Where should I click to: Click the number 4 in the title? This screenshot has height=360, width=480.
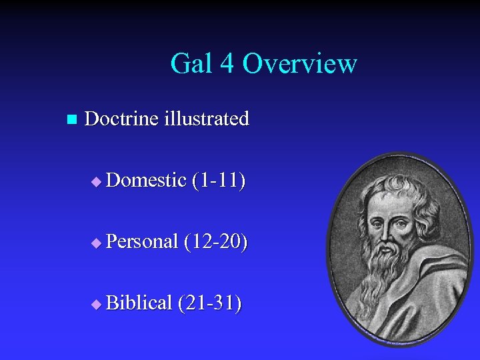coord(227,64)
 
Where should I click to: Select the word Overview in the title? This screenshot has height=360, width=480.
coord(299,64)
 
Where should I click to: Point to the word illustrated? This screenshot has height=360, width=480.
coord(207,119)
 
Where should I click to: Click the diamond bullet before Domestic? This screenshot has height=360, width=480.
coord(97,181)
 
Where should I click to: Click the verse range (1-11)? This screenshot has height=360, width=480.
coord(219,180)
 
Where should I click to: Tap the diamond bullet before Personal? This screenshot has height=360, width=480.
coord(97,243)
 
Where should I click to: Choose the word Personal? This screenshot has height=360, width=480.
coord(142,241)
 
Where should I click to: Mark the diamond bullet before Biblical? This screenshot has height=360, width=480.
coord(97,305)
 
